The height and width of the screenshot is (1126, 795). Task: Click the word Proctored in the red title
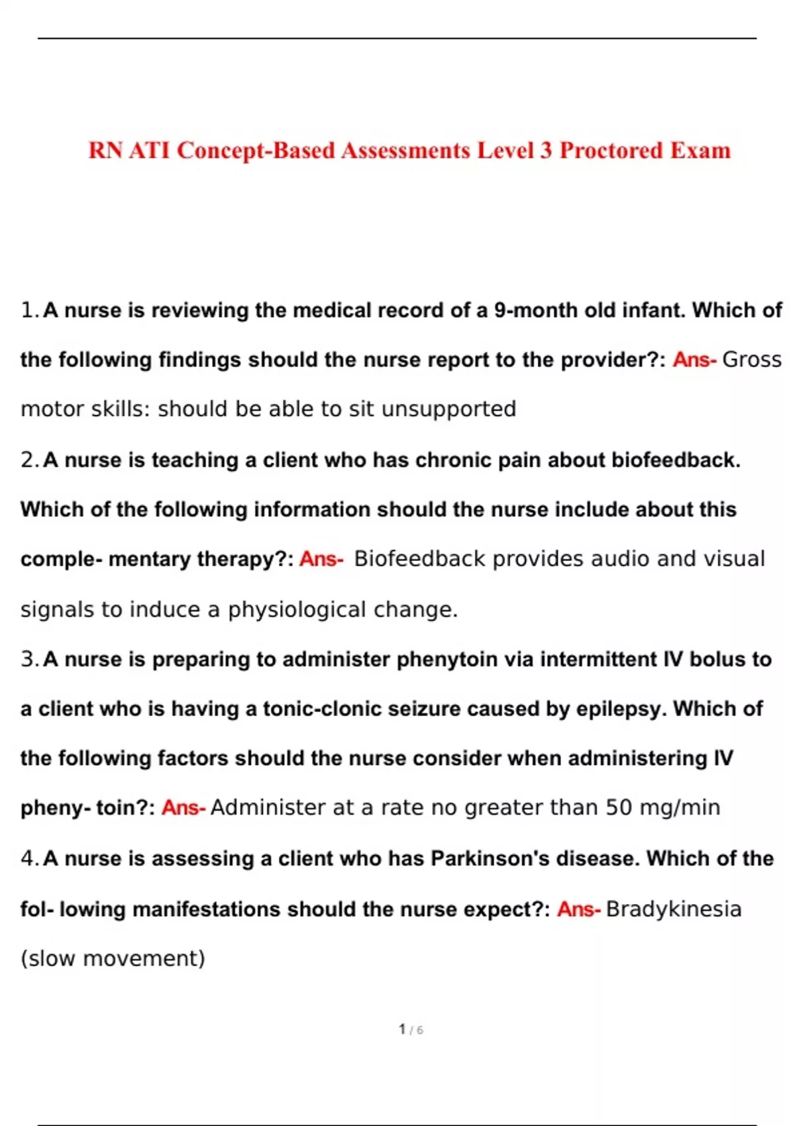click(x=611, y=151)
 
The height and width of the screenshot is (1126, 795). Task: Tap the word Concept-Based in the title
click(x=256, y=151)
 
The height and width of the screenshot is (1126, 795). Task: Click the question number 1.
click(x=28, y=310)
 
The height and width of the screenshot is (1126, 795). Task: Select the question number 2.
click(x=28, y=460)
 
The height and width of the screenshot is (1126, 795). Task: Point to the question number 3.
click(x=28, y=659)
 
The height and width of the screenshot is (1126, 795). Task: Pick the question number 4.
click(x=28, y=858)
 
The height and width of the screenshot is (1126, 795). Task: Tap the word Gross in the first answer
click(x=751, y=360)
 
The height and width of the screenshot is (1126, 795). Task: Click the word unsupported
click(x=449, y=409)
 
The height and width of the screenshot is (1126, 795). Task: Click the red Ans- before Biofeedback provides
click(x=321, y=559)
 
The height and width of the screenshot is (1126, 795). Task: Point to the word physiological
click(x=296, y=609)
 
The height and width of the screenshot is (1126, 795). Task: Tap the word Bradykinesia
click(x=673, y=909)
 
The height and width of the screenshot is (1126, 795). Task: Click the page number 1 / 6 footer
click(x=411, y=1029)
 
